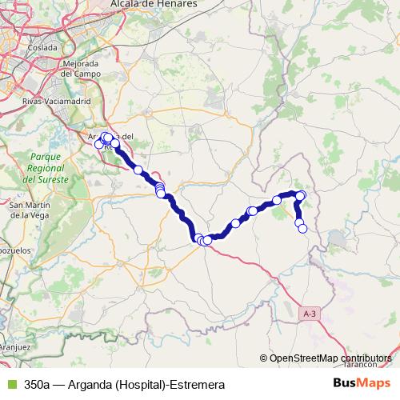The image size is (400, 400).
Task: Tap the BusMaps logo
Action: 361,383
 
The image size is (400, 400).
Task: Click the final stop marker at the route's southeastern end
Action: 302,228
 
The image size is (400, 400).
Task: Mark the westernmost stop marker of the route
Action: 99,144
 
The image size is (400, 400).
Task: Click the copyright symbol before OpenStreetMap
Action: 264,358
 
